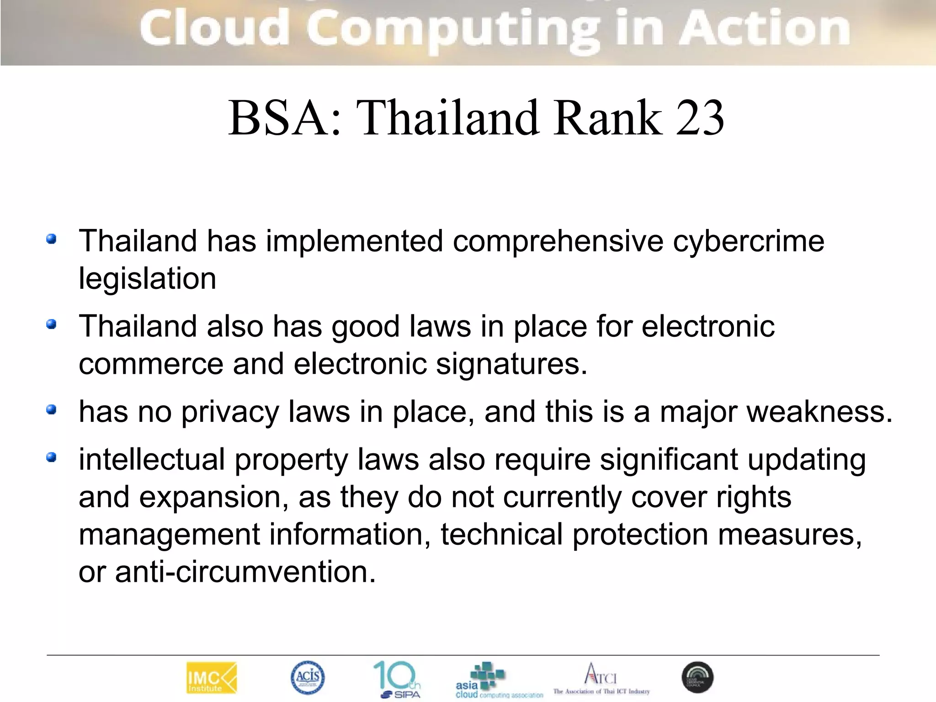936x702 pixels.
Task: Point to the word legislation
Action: pos(147,279)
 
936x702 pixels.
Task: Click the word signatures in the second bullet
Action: pos(511,364)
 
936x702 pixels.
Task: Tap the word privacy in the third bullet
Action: pos(230,412)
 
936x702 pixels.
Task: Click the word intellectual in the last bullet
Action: pos(152,459)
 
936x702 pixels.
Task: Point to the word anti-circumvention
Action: pos(245,572)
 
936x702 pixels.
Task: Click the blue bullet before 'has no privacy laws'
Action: pos(51,409)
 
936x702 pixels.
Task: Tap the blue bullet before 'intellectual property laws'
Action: pos(51,457)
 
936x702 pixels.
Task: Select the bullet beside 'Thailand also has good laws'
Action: pos(51,324)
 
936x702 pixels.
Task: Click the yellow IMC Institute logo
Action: pos(212,678)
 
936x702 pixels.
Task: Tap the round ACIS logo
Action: pos(308,677)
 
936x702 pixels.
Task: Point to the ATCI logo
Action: pos(601,678)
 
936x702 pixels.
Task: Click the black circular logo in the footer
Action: pos(697,677)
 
